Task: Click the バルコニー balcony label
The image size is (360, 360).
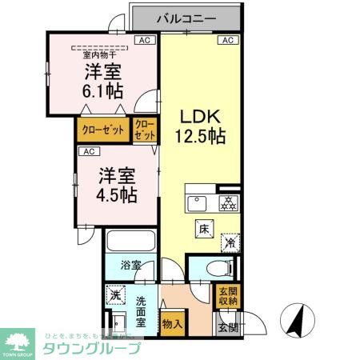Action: coord(190,17)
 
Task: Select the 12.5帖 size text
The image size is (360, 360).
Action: coord(200,135)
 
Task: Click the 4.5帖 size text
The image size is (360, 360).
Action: coord(117,194)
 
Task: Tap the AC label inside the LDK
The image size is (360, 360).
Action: coord(226,40)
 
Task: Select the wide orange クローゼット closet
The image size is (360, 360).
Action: coord(103,130)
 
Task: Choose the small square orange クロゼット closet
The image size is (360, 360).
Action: coord(145,130)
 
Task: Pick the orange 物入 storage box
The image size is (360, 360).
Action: coord(172,324)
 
